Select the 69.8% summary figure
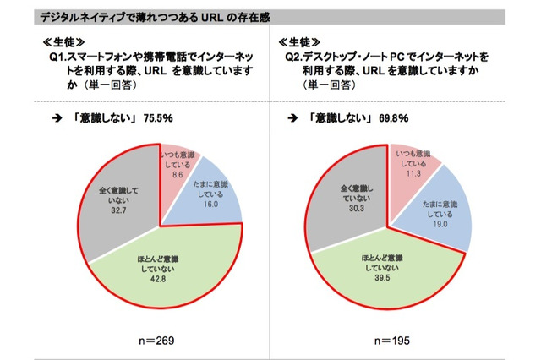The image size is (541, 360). coord(399,118)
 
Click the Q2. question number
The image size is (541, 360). coord(295,57)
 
